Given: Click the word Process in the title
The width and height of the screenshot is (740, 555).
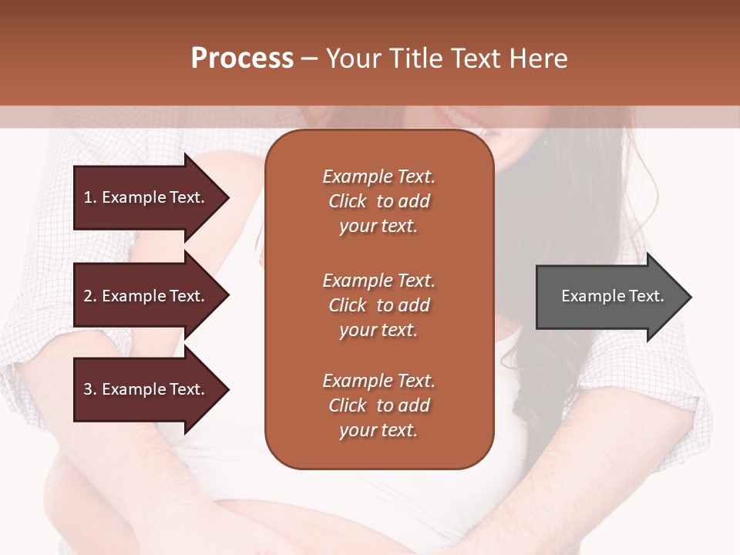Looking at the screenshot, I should (242, 59).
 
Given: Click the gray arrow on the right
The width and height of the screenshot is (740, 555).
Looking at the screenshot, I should (609, 297).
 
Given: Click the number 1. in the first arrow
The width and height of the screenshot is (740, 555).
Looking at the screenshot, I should (90, 197).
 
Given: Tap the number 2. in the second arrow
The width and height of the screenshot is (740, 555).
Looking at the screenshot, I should (90, 296).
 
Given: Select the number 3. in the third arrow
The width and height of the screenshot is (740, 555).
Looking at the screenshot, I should (90, 389).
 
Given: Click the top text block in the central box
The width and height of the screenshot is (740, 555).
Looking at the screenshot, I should (378, 201).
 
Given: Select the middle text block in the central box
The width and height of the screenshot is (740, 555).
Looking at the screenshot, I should (378, 305).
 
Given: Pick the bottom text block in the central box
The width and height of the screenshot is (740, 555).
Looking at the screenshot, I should (378, 405).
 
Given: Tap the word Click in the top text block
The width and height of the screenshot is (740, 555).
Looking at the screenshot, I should (348, 202).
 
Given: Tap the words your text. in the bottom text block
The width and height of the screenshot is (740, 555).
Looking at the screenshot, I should (378, 431).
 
